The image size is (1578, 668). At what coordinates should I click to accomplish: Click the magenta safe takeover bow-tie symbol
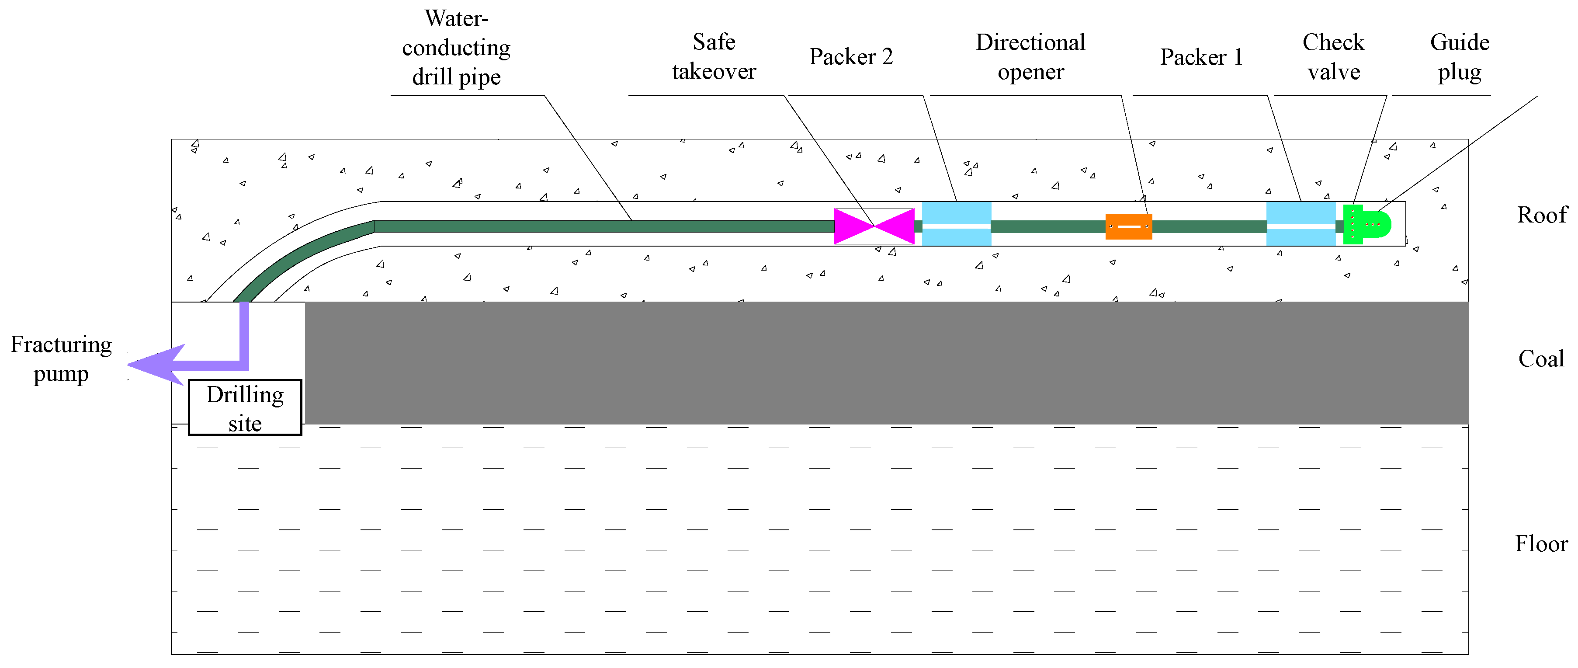point(874,226)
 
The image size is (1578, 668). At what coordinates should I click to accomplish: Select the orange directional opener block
point(1128,226)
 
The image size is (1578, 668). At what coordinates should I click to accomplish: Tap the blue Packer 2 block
point(956,224)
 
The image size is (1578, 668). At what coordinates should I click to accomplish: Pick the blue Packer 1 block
point(1301,224)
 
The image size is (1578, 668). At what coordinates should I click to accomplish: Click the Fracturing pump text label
point(61,359)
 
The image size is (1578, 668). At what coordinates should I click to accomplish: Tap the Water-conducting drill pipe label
point(456,48)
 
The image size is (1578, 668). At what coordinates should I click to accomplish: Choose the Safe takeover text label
point(714,57)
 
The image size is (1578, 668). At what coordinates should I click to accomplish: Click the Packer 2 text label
point(851,57)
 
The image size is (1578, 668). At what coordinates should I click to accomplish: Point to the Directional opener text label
point(1030,57)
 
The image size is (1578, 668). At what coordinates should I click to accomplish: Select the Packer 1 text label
point(1201,57)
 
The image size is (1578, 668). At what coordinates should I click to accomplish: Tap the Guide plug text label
point(1460,57)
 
